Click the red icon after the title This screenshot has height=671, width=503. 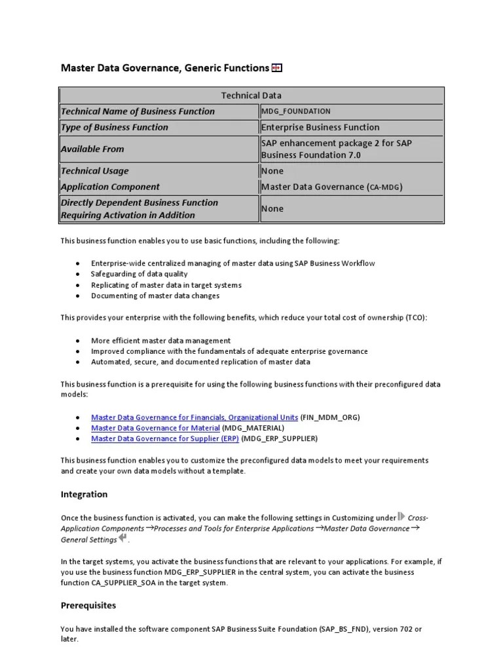point(277,67)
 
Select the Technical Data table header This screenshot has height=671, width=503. point(251,95)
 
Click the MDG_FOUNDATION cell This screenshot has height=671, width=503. point(296,111)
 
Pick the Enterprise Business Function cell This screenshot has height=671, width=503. point(320,127)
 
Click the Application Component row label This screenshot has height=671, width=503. point(110,187)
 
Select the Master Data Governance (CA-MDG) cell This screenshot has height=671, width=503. point(332,187)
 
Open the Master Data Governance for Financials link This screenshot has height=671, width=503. point(195,417)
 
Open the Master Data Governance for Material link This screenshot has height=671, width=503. point(155,428)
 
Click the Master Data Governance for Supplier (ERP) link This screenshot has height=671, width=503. point(165,438)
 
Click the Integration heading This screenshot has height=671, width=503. point(84,494)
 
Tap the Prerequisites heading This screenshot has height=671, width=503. point(88,605)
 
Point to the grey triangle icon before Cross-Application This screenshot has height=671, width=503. point(401,516)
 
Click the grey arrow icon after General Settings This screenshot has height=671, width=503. point(123,539)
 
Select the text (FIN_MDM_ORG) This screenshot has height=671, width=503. point(330,417)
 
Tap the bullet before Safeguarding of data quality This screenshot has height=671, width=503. point(78,274)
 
